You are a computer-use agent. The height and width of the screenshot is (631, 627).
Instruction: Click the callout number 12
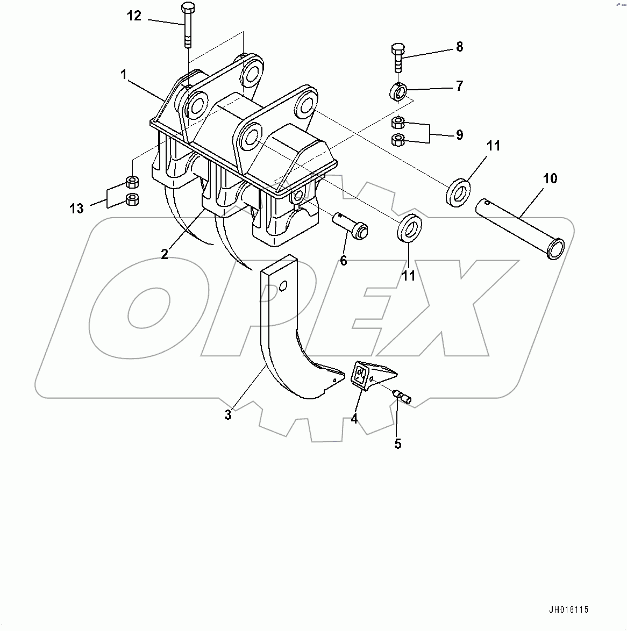click(x=134, y=16)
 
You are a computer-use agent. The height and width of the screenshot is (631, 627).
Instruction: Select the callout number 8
click(x=459, y=47)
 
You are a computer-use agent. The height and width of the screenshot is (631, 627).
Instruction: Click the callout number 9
click(x=459, y=134)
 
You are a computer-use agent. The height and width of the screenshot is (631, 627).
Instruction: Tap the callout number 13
click(x=77, y=208)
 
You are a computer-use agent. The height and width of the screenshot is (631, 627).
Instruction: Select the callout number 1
click(x=124, y=75)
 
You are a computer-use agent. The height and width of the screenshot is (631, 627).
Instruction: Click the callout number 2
click(x=165, y=254)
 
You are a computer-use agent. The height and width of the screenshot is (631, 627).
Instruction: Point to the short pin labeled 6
click(x=352, y=225)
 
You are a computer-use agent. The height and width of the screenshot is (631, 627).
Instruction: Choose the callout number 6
click(x=343, y=261)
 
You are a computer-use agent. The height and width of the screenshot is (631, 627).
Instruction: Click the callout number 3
click(x=228, y=415)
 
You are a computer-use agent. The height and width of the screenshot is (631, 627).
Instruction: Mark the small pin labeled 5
click(x=403, y=397)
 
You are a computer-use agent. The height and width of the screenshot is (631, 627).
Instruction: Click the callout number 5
click(x=398, y=444)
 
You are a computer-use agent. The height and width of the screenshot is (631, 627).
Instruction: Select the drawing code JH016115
click(x=569, y=610)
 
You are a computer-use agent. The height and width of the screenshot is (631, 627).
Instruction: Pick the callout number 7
click(x=459, y=86)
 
